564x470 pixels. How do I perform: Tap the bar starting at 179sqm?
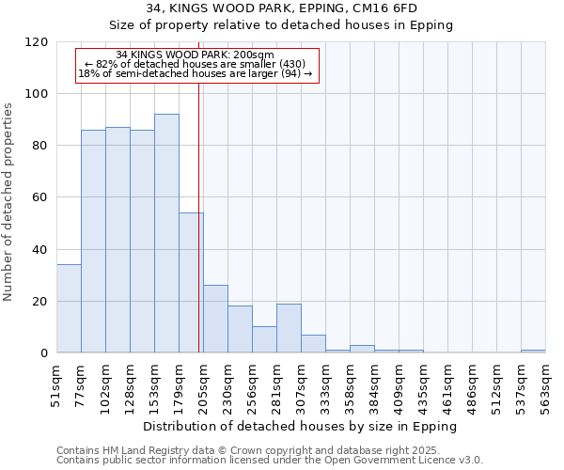click(191, 282)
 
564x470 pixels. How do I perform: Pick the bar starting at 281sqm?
click(289, 328)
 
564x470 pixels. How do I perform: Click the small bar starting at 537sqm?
click(533, 351)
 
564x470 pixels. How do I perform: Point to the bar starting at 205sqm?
click(215, 319)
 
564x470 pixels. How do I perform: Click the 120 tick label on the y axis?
click(37, 42)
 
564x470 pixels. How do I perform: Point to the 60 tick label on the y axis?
click(40, 197)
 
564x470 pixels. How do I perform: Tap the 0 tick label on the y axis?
click(44, 353)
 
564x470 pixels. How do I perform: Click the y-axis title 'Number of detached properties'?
click(9, 202)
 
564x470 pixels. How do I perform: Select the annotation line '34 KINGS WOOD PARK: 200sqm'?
click(196, 55)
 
